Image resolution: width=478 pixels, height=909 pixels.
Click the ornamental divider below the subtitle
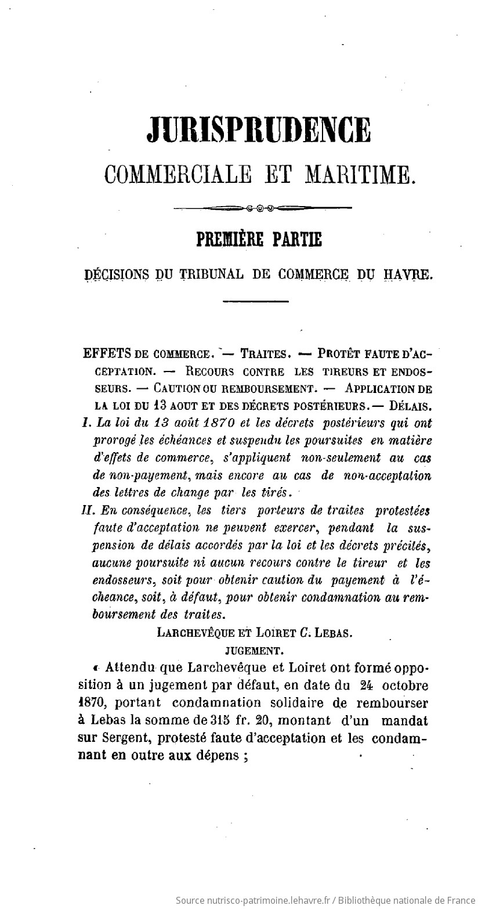(x=262, y=207)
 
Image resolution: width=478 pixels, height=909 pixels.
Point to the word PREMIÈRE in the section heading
(x=229, y=240)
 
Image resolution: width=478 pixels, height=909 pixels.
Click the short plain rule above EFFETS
(x=255, y=301)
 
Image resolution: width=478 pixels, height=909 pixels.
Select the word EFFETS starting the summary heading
(x=107, y=353)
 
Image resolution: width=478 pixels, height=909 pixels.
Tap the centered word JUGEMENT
(x=254, y=651)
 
